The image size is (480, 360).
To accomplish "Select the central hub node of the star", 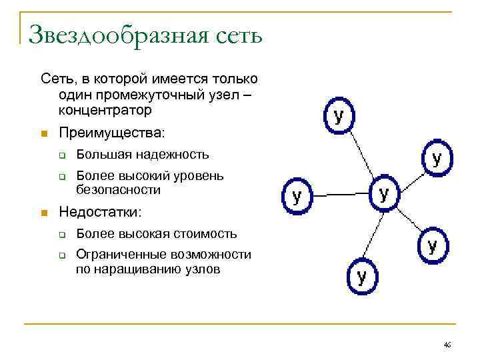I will click(x=384, y=194).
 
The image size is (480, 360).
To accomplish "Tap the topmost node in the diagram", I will click(x=339, y=116).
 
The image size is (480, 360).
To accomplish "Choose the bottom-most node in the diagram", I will click(x=362, y=276).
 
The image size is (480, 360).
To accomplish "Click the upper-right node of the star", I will click(x=437, y=158).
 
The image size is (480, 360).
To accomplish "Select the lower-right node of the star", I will click(x=432, y=246).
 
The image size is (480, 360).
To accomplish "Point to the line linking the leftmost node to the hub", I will click(x=340, y=195).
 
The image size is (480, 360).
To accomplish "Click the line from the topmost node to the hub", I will click(x=361, y=153).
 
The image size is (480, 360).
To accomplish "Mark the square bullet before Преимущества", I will click(x=45, y=134).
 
